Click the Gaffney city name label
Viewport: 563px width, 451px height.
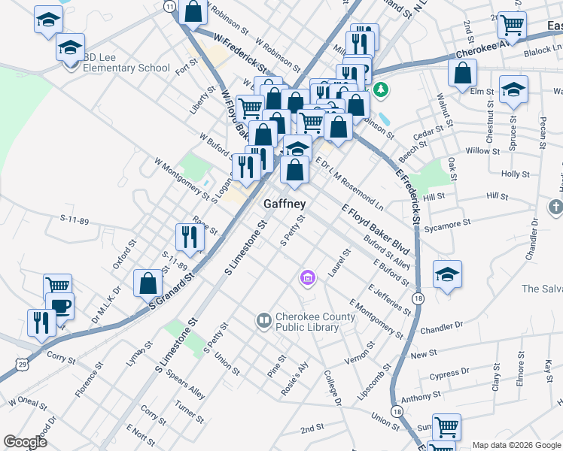click(285, 204)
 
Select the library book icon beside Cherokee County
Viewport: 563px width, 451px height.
click(263, 321)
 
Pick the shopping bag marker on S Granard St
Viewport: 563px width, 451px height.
click(148, 283)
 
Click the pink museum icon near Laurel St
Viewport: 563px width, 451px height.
click(307, 278)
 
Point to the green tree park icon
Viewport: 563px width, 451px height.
click(382, 90)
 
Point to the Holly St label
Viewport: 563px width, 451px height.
click(516, 174)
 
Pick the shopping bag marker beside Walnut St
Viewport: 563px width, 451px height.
click(462, 74)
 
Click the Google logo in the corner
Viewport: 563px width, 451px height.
click(25, 442)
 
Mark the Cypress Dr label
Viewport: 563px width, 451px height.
click(449, 372)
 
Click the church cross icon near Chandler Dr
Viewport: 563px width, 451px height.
click(555, 206)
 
